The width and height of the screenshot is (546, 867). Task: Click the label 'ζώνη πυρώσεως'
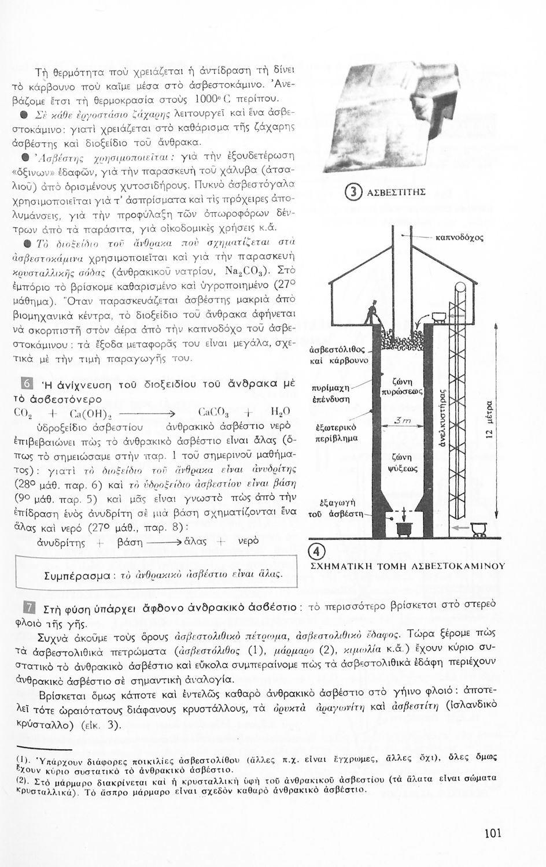pyautogui.click(x=405, y=386)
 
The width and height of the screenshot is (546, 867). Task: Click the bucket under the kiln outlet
pyautogui.click(x=402, y=528)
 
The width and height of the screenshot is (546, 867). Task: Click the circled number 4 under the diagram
pyautogui.click(x=318, y=550)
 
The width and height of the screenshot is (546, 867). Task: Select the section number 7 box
pyautogui.click(x=26, y=608)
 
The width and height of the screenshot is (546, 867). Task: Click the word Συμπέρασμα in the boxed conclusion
pyautogui.click(x=78, y=576)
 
